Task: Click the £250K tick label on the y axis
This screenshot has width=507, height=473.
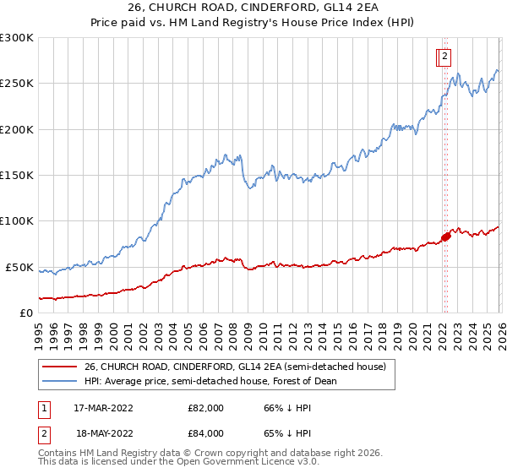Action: point(17,84)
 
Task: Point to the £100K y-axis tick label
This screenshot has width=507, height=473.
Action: point(17,221)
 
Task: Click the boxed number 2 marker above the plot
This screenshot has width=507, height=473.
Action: point(444,57)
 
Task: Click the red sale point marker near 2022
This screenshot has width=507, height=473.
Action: point(446,236)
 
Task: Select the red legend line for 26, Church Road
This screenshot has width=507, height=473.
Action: point(58,367)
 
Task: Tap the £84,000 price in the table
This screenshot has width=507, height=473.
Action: point(206,433)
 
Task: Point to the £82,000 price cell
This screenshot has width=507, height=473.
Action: point(206,408)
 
